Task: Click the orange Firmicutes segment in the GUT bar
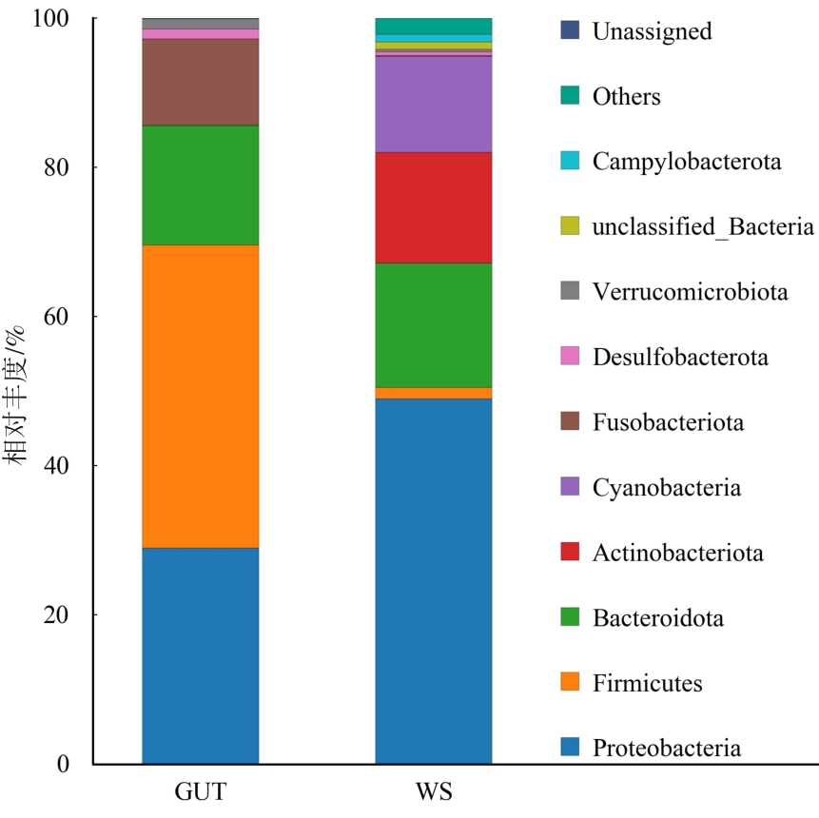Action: click(201, 397)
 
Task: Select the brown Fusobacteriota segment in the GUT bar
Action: click(201, 83)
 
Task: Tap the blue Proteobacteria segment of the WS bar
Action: click(434, 581)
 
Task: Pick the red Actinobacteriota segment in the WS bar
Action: click(434, 208)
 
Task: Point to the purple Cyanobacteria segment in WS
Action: click(434, 105)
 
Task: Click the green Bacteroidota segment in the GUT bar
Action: click(201, 185)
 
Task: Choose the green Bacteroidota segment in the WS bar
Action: click(434, 325)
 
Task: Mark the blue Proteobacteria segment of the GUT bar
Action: click(201, 656)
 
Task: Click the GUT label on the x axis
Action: click(201, 792)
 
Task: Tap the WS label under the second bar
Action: click(434, 792)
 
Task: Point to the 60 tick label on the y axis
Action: click(56, 317)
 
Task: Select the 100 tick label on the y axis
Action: click(50, 18)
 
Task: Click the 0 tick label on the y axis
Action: click(63, 764)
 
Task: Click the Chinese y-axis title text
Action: click(14, 396)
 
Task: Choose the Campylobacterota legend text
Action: click(687, 162)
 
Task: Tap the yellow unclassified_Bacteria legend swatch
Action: click(570, 225)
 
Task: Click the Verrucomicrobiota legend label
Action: click(690, 291)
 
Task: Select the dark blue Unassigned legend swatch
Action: click(570, 30)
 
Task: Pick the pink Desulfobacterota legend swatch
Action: click(570, 356)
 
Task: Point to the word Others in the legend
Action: click(626, 97)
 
